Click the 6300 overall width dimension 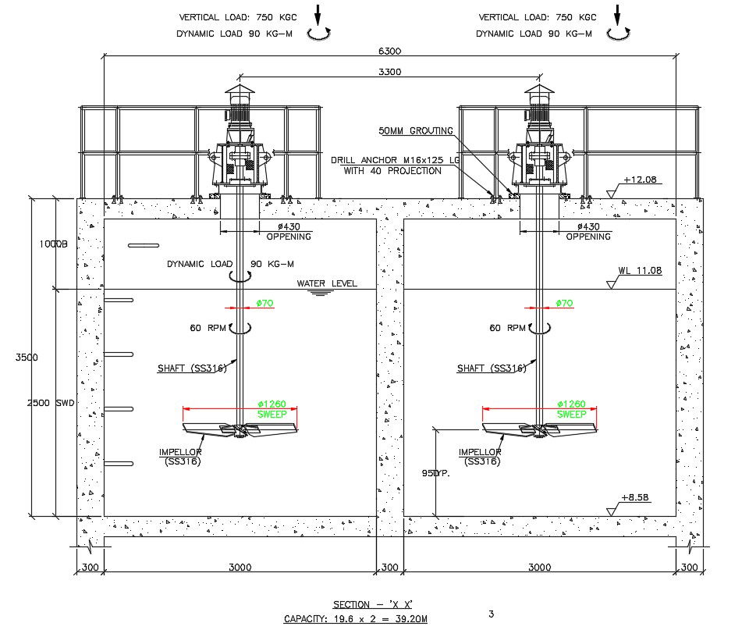tap(389, 51)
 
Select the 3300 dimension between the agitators tap(389, 72)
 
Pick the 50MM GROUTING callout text tap(415, 131)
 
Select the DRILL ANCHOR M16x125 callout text tap(386, 160)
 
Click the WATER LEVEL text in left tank tap(327, 283)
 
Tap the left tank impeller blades tap(240, 429)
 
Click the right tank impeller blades tap(539, 429)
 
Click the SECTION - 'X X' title tap(372, 604)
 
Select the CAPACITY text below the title tap(355, 619)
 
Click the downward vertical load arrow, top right tap(617, 15)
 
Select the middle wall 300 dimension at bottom tap(389, 568)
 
